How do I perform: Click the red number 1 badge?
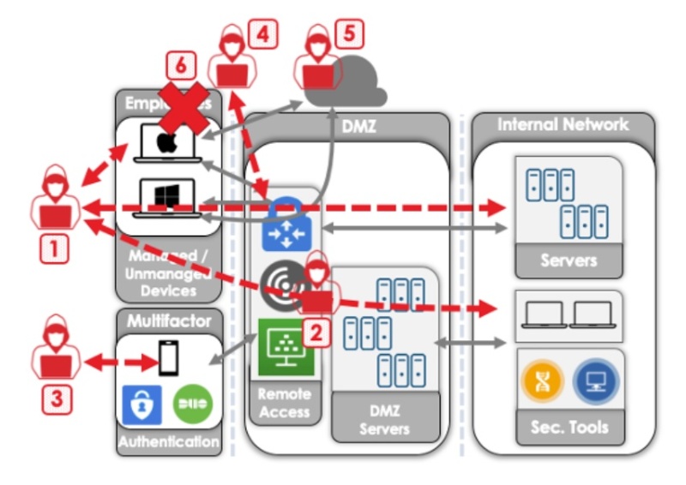pyautogui.click(x=54, y=248)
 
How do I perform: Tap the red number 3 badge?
pyautogui.click(x=54, y=398)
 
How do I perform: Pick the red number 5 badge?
pyautogui.click(x=349, y=34)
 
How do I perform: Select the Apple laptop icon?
pyautogui.click(x=166, y=142)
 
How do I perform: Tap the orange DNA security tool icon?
pyautogui.click(x=544, y=380)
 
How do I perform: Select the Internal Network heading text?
pyautogui.click(x=563, y=125)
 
